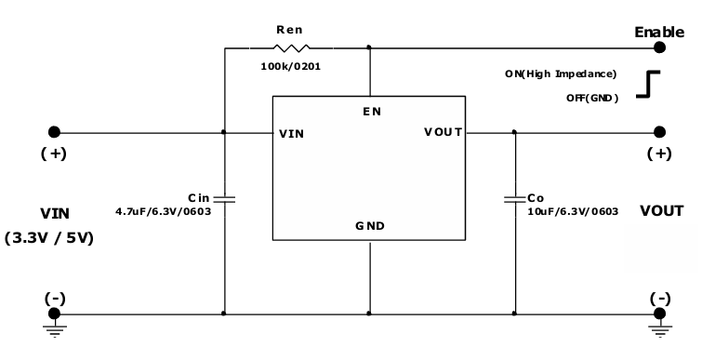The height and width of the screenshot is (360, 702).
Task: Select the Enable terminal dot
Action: (x=660, y=47)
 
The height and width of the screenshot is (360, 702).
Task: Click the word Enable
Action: (x=659, y=32)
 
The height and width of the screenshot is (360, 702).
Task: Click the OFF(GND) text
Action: (x=591, y=98)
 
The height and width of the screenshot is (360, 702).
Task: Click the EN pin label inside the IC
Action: (x=371, y=112)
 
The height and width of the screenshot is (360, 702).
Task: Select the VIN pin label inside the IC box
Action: (x=291, y=133)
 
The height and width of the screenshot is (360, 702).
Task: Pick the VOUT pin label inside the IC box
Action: (x=443, y=132)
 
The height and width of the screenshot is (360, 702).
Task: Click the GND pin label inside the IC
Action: (x=370, y=226)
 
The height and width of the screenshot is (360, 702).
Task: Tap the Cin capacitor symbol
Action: (x=224, y=197)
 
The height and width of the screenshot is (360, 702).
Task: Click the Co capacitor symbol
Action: (x=513, y=198)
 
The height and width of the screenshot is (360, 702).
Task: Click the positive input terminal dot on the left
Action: (x=55, y=132)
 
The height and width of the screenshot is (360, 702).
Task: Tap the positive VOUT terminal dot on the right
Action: (x=660, y=132)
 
